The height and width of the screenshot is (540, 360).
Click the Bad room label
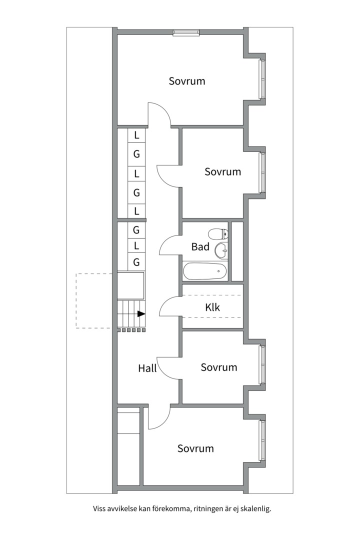(200, 247)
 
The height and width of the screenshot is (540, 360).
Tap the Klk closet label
(212, 307)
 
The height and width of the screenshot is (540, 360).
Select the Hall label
(147, 368)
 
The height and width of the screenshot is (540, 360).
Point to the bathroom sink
(220, 249)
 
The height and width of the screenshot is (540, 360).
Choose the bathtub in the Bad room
(205, 271)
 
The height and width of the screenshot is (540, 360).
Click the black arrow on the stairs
(141, 314)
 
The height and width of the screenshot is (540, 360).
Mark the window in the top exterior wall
(186, 33)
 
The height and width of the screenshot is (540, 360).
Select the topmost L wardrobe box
(136, 135)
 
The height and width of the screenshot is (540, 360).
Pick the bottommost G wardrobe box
(136, 262)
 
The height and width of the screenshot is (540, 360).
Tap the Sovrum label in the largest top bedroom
(187, 81)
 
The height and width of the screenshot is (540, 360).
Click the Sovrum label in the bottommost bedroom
(195, 448)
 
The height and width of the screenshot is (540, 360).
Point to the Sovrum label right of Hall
(218, 367)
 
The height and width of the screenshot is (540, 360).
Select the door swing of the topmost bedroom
(160, 114)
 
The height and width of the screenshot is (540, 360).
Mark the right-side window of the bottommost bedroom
(261, 440)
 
